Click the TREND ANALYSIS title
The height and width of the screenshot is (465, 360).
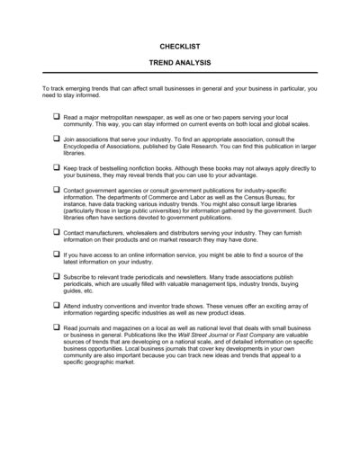[180, 65]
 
